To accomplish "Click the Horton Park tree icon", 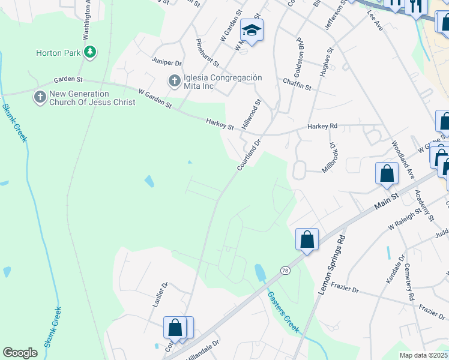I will point(90,52).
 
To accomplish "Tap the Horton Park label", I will point(58,53).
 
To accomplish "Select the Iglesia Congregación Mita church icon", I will point(174,80).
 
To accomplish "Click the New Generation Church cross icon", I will point(40,97).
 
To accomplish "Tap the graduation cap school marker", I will point(252,31).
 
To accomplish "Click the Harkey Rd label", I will point(322,127).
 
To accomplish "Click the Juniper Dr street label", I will point(167,62).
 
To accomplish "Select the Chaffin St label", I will point(297,86).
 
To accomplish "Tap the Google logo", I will point(20,353).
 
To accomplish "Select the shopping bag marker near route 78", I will point(307,240).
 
